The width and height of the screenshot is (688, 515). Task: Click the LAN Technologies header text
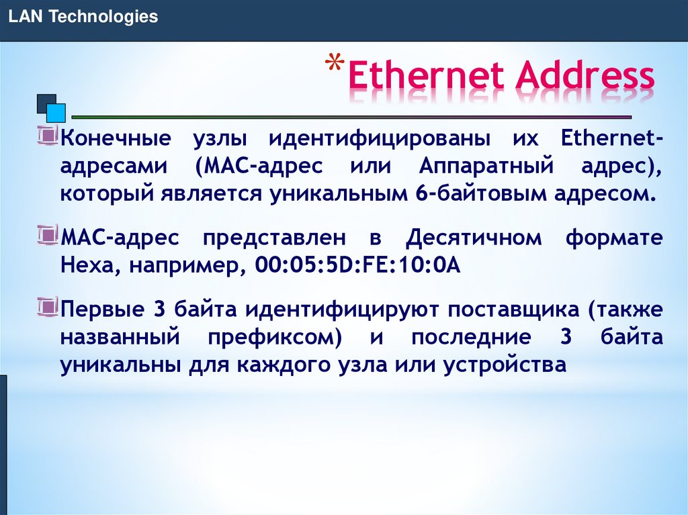coord(83,17)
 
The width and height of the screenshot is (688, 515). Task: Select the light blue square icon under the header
coord(56,113)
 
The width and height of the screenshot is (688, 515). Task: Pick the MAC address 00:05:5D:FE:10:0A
coord(356,265)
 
